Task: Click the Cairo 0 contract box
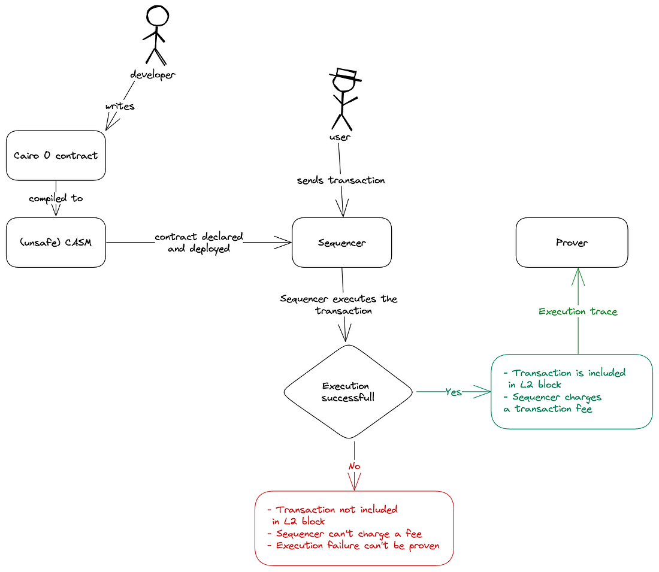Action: tap(56, 156)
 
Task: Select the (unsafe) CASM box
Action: tap(56, 243)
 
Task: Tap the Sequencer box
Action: tap(341, 243)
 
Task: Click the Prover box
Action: tap(572, 243)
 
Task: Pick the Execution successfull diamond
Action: tap(347, 392)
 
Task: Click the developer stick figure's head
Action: tap(157, 16)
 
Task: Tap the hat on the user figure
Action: tap(345, 75)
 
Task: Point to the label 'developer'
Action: tap(153, 75)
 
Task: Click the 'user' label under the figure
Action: tap(340, 137)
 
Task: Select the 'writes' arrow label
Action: tap(120, 107)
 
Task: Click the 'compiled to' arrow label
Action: tap(56, 198)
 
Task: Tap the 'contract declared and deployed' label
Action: tap(199, 243)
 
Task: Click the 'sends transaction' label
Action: tap(341, 180)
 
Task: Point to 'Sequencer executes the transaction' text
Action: tap(339, 305)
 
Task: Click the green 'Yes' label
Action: tap(454, 392)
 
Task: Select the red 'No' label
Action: tap(355, 466)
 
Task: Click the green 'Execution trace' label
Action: tap(578, 311)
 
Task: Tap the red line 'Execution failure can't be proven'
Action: tap(353, 546)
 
